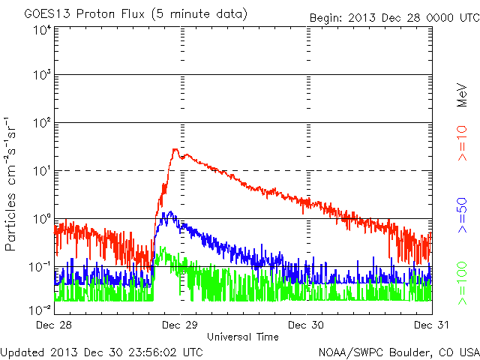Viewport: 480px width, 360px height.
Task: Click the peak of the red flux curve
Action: pos(175,149)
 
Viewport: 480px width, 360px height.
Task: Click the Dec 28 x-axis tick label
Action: pos(55,325)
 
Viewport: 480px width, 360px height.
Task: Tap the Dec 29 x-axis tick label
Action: pos(181,325)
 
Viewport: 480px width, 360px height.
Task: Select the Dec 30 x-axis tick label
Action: pos(306,325)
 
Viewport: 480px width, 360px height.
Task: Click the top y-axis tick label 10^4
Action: pos(42,30)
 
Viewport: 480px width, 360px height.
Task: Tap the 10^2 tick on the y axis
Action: pos(42,122)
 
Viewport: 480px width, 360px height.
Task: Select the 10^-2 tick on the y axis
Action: pos(40,309)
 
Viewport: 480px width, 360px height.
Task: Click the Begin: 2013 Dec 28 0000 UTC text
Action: pos(394,17)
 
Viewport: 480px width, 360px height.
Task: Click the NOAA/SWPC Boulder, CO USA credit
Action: pos(398,350)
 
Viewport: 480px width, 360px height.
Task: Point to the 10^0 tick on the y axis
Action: pos(42,218)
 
